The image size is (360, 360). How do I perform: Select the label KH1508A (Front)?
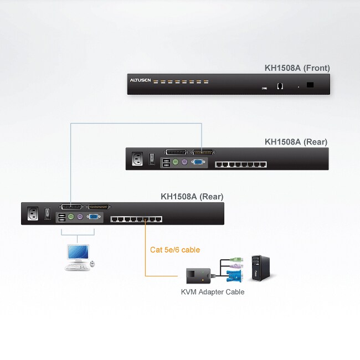[297, 68]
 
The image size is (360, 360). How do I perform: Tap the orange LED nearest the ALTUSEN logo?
[157, 81]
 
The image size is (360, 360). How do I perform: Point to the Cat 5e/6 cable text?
[175, 250]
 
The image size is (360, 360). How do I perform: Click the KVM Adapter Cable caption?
[213, 292]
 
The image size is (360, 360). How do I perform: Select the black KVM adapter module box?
[197, 275]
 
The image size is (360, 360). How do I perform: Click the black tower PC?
[257, 268]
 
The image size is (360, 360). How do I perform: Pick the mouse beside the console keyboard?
[92, 264]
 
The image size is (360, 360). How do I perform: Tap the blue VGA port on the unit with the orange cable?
[94, 218]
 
